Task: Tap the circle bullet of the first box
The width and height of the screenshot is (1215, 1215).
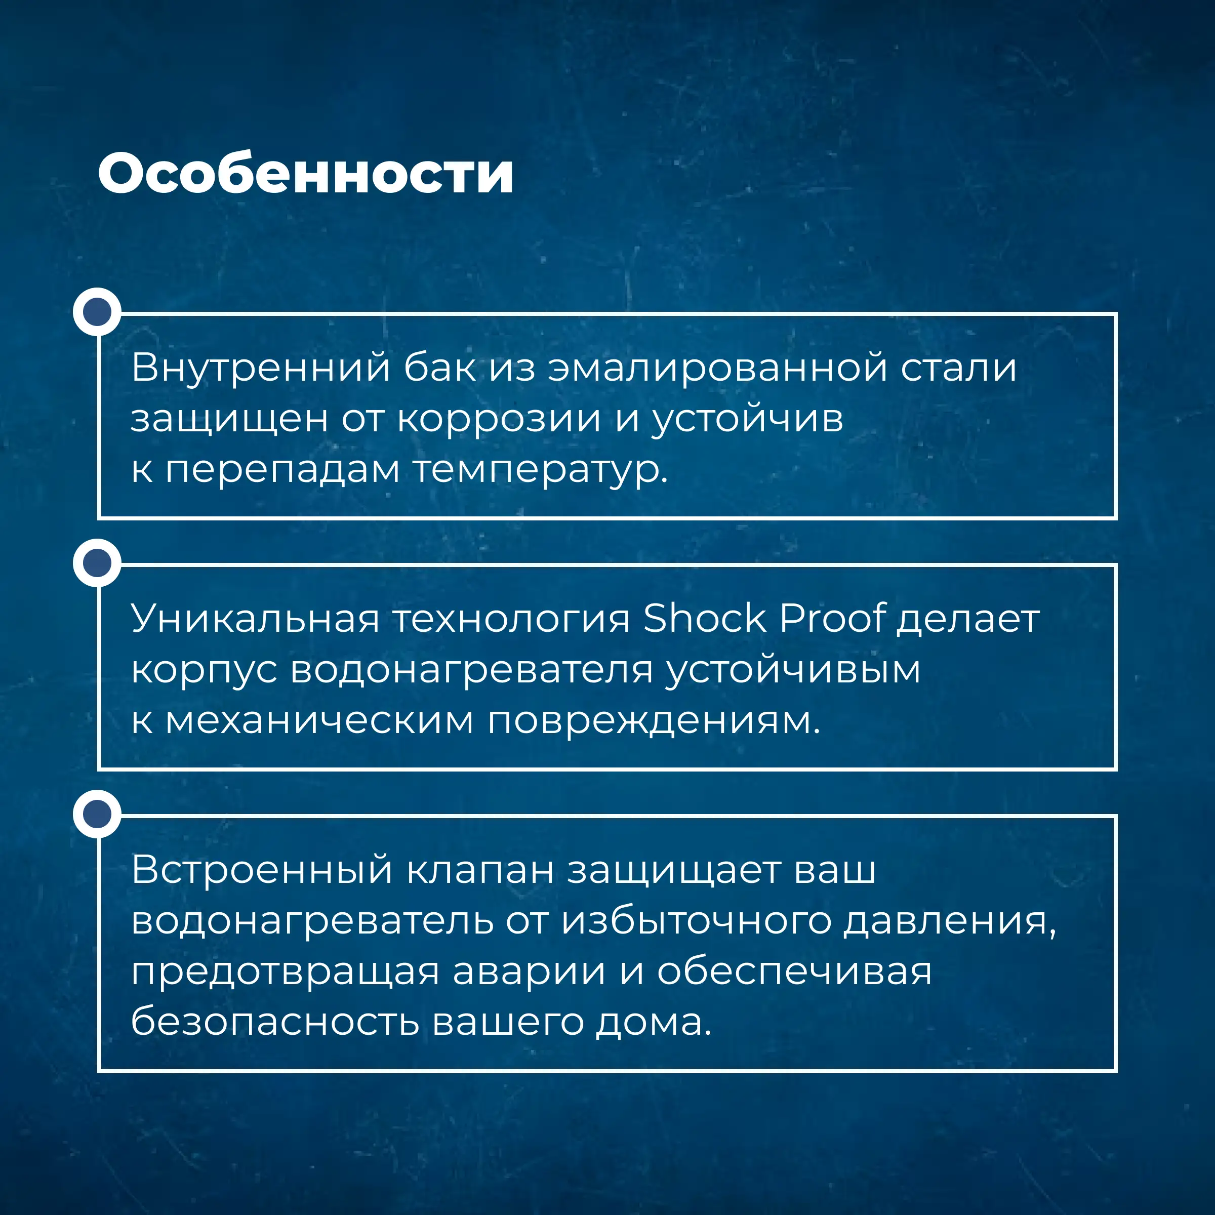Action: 97,311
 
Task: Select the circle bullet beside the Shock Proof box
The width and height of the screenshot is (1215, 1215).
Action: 97,562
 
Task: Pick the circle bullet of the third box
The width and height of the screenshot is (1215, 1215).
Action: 97,813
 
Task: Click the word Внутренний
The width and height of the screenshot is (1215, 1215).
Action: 261,369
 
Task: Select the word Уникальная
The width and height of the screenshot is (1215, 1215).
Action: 255,618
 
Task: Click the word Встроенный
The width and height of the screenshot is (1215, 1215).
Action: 262,870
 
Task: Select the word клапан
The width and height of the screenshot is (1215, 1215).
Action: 480,871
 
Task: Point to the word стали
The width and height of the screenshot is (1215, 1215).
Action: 958,369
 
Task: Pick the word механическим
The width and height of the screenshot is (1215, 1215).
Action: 319,719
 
